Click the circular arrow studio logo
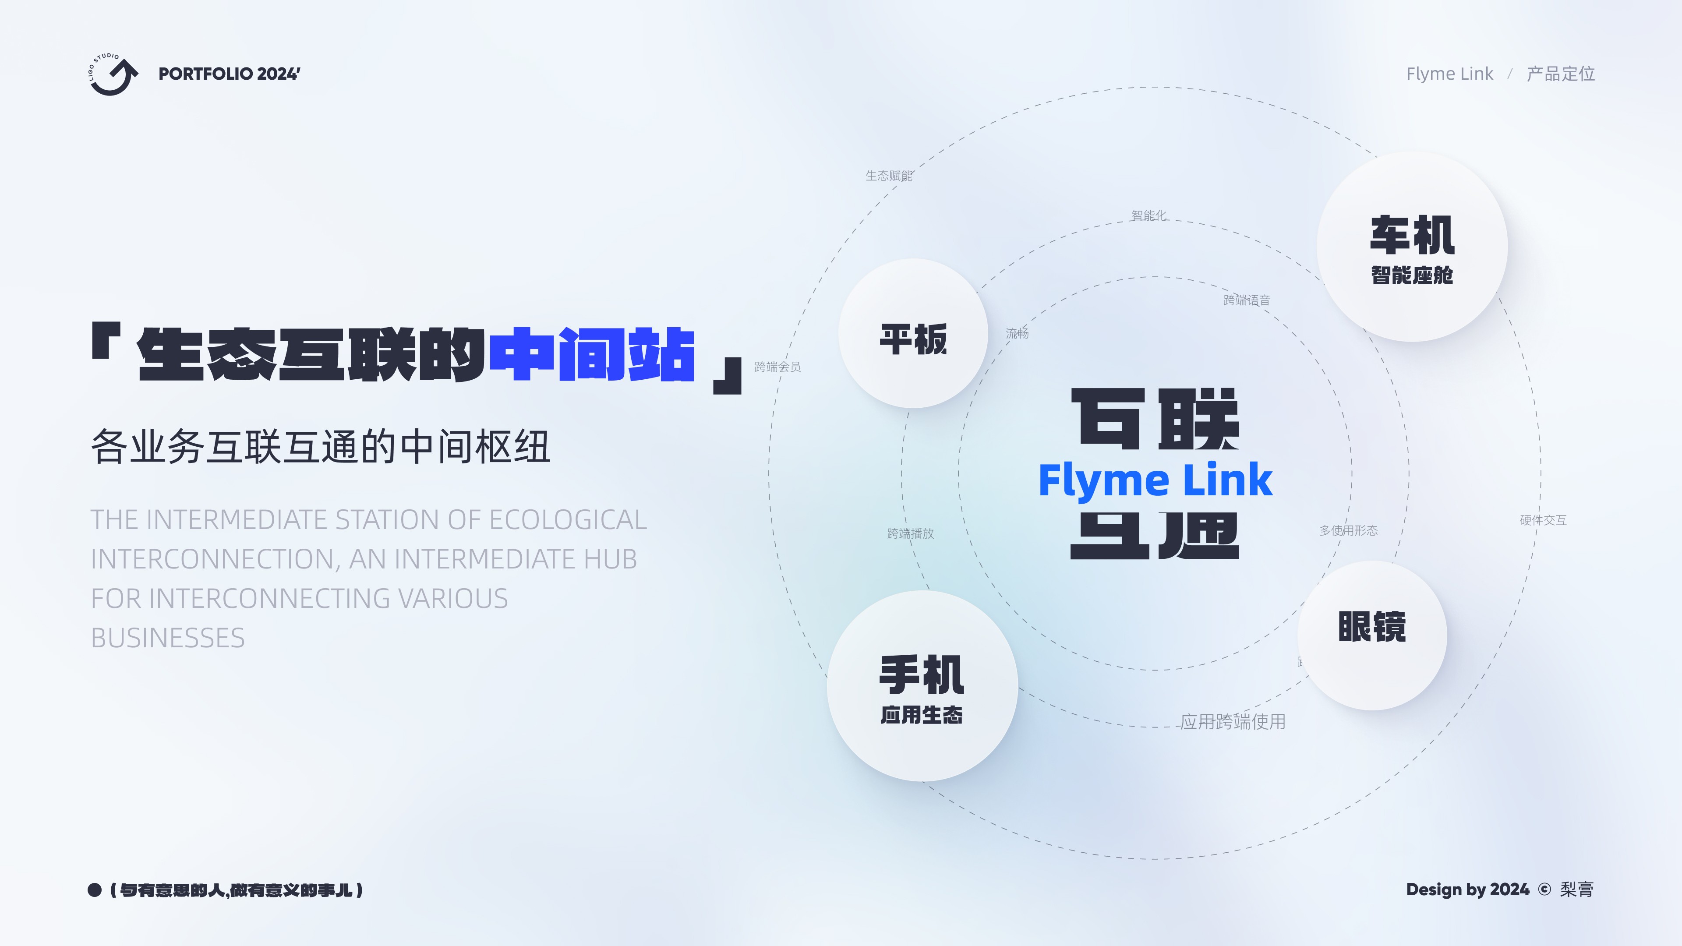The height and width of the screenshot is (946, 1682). pos(113,74)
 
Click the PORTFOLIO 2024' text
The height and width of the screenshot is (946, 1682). pos(229,74)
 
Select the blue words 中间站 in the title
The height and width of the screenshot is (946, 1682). pos(592,354)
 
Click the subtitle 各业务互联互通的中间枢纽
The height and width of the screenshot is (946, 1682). pos(320,447)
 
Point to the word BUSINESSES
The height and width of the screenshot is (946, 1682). pos(168,638)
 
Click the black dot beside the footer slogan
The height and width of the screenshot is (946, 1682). pos(95,890)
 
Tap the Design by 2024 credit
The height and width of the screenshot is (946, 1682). pos(1467,889)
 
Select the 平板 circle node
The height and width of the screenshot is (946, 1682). pos(913,334)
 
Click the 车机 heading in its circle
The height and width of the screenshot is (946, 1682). pos(1412,236)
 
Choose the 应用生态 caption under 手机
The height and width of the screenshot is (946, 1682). pos(921,715)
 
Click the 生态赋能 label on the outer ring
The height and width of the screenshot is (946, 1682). pos(889,176)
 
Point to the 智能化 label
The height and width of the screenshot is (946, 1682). pos(1148,215)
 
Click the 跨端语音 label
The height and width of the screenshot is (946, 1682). pos(1247,300)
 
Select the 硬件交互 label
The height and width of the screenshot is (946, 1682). pos(1543,520)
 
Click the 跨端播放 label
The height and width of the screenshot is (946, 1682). pos(910,533)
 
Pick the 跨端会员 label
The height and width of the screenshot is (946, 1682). pos(777,367)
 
